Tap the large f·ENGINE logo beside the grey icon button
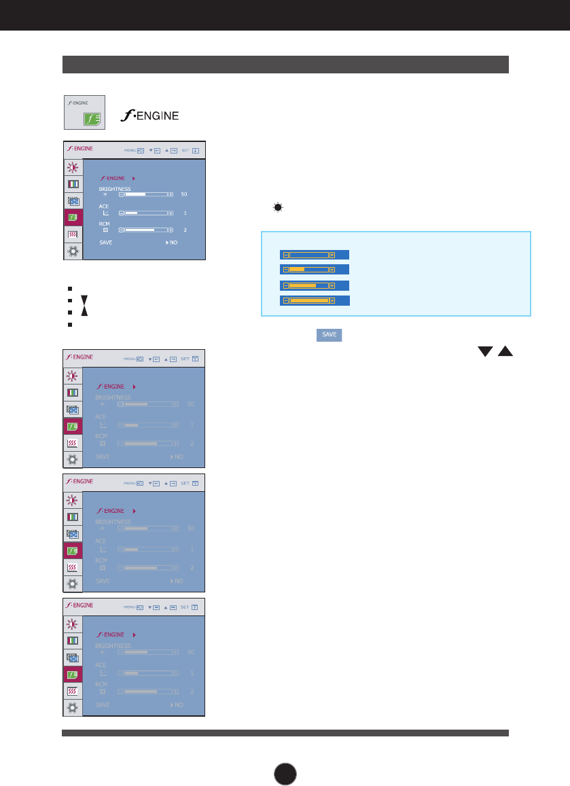(148, 116)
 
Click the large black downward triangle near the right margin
(484, 351)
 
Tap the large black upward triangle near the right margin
(505, 351)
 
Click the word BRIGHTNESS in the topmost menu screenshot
(114, 188)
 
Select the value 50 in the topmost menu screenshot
(184, 194)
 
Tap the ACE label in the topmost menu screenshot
(104, 206)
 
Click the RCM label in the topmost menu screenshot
(105, 223)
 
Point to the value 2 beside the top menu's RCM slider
(185, 230)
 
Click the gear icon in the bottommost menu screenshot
(73, 707)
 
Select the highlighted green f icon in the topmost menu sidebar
(73, 217)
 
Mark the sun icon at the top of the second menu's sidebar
(73, 375)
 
